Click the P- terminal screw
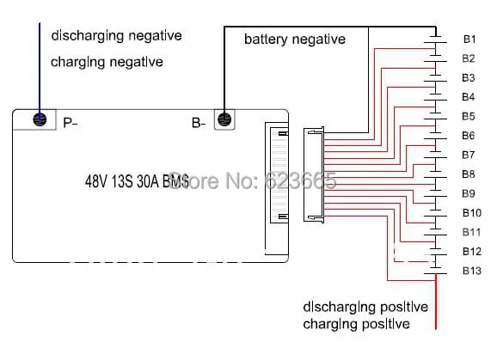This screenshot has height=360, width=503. (40, 119)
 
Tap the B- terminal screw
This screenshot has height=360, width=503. (224, 119)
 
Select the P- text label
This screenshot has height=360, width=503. (71, 123)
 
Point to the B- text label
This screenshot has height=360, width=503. (199, 123)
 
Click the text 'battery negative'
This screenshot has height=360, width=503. (295, 40)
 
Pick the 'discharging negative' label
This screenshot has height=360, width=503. (116, 35)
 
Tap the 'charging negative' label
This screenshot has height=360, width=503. (107, 62)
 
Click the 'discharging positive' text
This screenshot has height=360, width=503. (365, 307)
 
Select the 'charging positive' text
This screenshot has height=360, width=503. (356, 324)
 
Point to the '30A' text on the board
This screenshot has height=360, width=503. (148, 181)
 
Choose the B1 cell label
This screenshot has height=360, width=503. (469, 40)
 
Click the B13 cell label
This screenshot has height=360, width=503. (472, 271)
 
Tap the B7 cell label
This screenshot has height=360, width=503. (469, 155)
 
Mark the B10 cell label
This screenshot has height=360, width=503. (472, 213)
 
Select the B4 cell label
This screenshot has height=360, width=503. (469, 97)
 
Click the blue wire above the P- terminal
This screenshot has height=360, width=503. (40, 69)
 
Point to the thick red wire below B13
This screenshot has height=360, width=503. (436, 302)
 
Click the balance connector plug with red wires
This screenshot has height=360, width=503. (314, 174)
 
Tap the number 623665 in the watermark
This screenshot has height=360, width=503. (301, 180)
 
